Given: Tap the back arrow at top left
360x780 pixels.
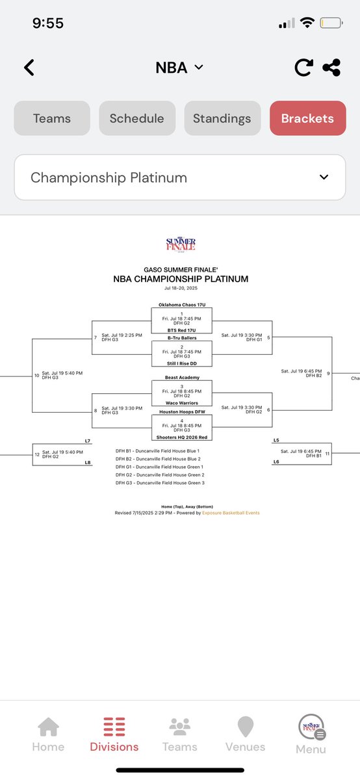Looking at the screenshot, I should (x=29, y=68).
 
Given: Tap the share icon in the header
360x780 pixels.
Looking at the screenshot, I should (x=332, y=68).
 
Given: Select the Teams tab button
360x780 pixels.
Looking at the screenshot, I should (x=52, y=118).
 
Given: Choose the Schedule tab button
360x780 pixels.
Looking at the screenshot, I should (x=137, y=118).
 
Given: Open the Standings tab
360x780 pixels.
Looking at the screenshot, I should (x=222, y=118).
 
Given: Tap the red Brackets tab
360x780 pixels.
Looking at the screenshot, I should (x=307, y=118).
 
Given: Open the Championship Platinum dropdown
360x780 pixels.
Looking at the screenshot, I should (x=180, y=177).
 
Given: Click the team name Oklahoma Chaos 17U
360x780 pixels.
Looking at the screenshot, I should (x=181, y=304).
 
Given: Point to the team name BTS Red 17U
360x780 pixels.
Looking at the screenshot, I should (x=181, y=330).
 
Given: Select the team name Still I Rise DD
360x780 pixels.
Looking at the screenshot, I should (x=181, y=364).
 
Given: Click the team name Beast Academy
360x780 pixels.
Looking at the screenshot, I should (x=181, y=378).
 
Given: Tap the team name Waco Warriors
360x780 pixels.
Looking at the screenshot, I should (x=181, y=403).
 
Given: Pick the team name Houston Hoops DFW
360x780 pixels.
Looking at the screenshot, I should (x=181, y=411).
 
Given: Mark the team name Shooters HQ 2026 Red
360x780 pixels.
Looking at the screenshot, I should (x=181, y=437).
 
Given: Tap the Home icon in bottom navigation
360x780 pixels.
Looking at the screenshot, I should (x=48, y=734).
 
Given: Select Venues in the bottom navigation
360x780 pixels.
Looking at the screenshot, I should (x=245, y=734).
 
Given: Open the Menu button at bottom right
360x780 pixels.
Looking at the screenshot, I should (x=311, y=734).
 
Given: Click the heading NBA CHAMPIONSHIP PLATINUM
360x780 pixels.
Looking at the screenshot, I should (x=181, y=279).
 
